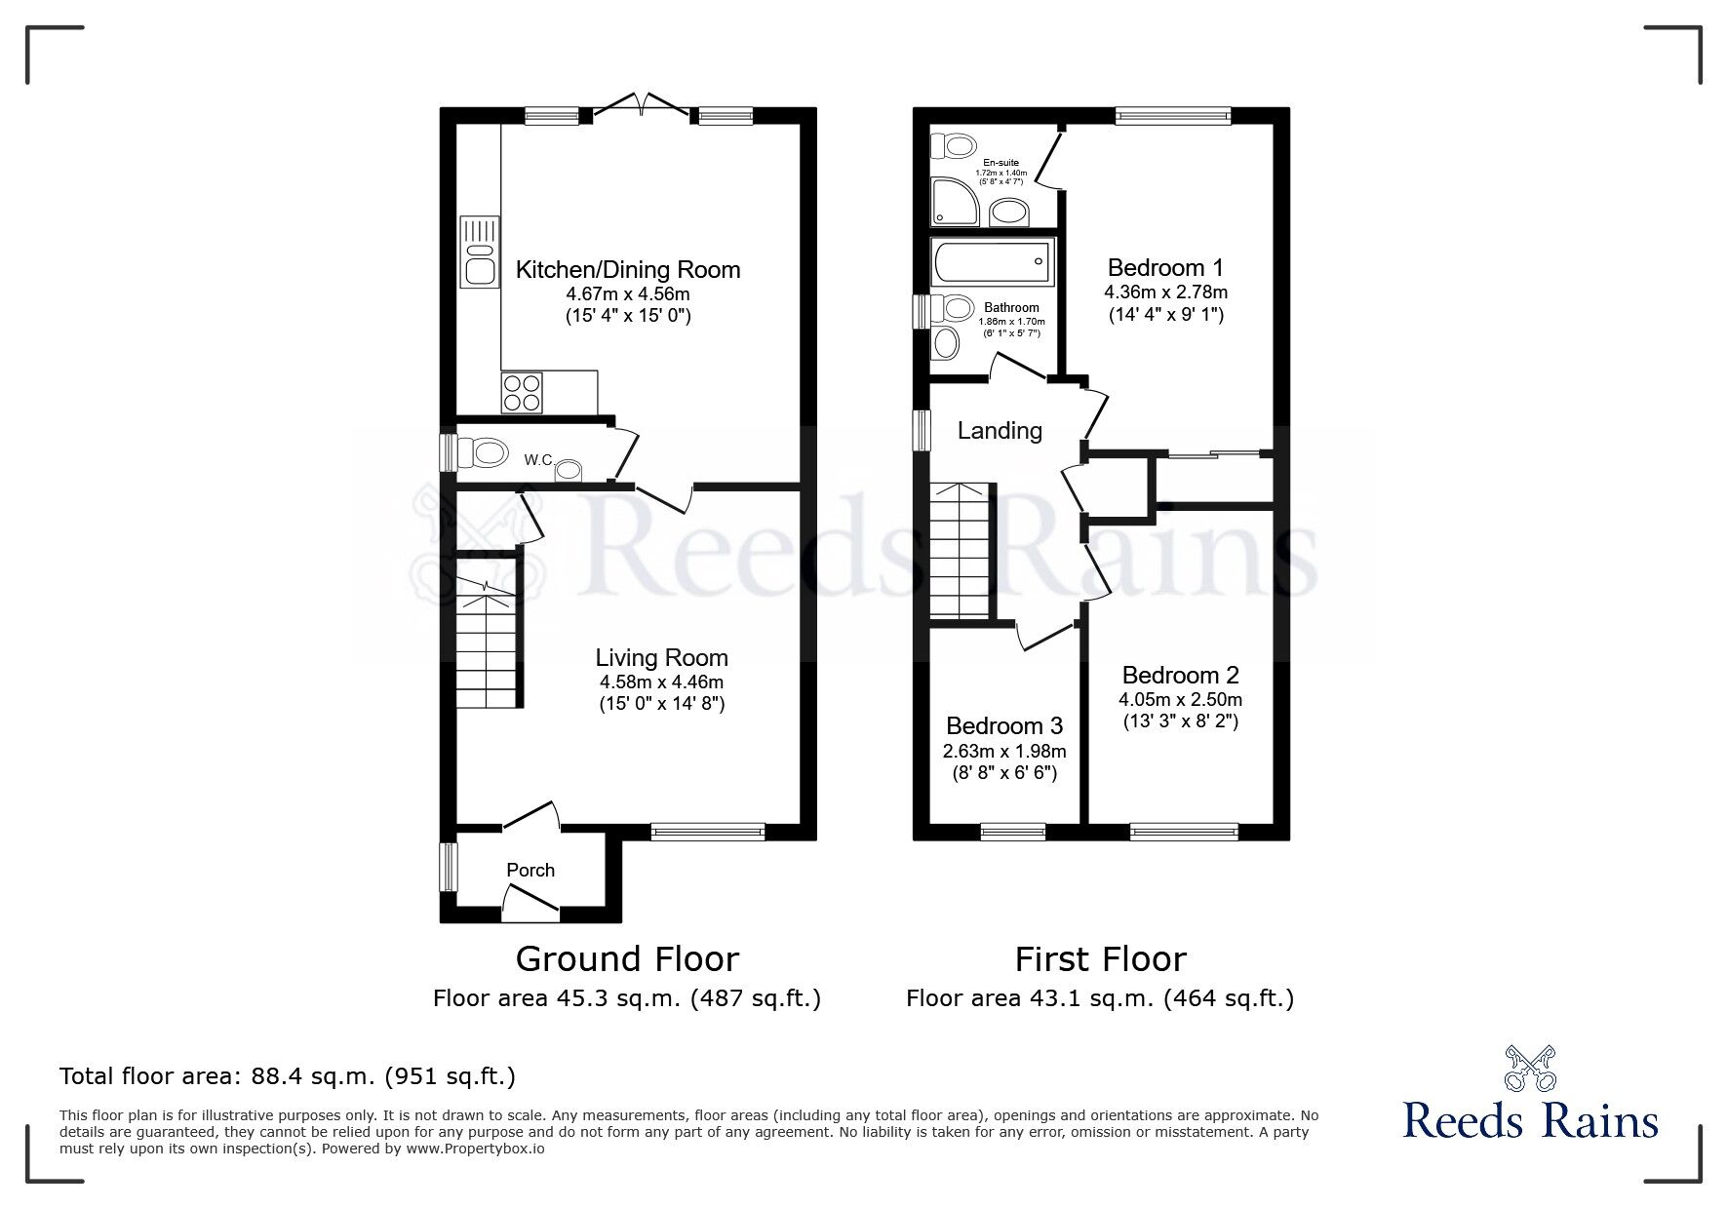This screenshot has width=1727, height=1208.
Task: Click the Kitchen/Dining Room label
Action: [627, 270]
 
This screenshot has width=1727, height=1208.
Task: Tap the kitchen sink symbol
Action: [479, 251]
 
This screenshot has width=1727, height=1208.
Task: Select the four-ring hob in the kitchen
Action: [521, 393]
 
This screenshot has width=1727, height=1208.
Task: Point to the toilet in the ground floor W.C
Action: [485, 453]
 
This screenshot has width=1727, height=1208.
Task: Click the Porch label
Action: [530, 870]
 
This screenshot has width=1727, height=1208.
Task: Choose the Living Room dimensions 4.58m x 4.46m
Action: [661, 682]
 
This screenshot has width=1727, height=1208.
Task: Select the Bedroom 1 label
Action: [1165, 268]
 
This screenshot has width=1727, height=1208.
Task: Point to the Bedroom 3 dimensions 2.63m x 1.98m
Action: [1004, 752]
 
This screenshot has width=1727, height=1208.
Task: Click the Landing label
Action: [1000, 431]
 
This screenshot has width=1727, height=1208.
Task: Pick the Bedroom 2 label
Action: [1180, 675]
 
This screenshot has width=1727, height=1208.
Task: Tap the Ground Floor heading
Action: [627, 959]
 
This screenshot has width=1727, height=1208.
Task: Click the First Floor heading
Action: [1100, 959]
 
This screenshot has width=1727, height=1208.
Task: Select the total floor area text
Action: [288, 1076]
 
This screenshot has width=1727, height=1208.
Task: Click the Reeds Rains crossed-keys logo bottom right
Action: [1530, 1068]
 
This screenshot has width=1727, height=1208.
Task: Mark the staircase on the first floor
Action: [960, 551]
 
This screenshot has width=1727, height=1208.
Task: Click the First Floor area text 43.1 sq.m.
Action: [1099, 998]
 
